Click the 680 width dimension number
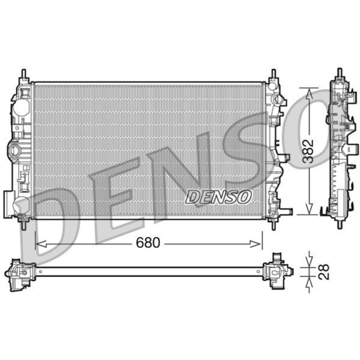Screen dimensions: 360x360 point(148,243)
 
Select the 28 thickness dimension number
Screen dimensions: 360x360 point(324,271)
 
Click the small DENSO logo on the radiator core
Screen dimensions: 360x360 point(219,197)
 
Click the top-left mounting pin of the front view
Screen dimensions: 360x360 point(24,73)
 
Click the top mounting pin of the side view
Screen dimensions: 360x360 point(339,72)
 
